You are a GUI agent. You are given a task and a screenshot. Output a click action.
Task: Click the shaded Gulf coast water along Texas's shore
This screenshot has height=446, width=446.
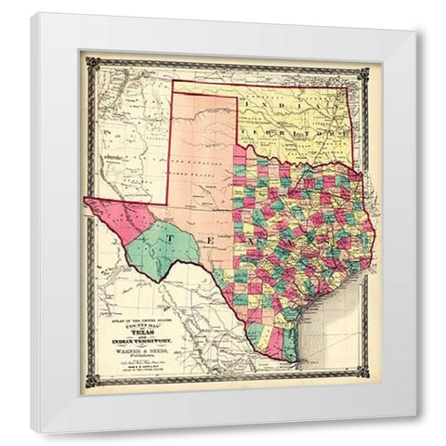pos(330,316)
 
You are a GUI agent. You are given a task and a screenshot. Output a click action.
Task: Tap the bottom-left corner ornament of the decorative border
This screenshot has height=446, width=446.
pos(87,378)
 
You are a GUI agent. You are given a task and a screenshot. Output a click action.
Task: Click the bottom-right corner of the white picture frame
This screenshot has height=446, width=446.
pos(415,415)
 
